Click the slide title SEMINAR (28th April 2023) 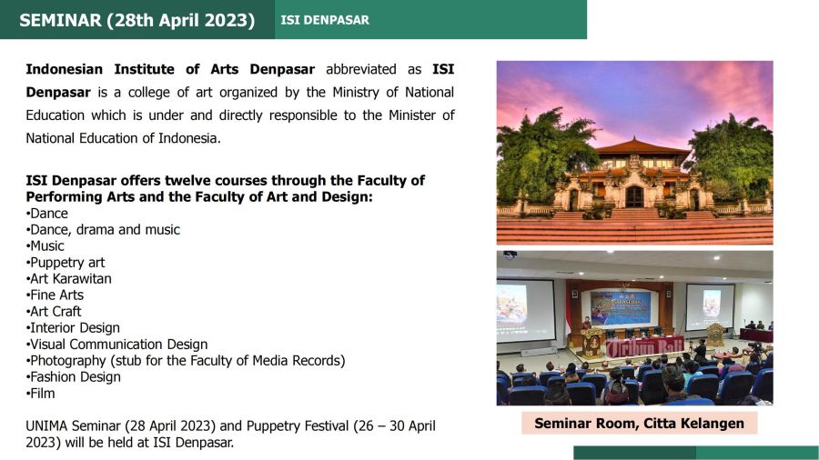(x=136, y=20)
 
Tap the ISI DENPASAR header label (x=325, y=20)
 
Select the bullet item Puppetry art (x=66, y=263)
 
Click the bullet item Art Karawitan (x=68, y=278)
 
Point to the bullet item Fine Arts (x=55, y=295)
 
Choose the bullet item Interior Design (x=73, y=327)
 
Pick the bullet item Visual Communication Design (x=116, y=345)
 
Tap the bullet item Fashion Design (x=73, y=376)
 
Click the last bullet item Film (x=40, y=394)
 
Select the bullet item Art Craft (x=54, y=311)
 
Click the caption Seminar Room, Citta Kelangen (x=640, y=423)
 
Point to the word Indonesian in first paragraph (x=64, y=69)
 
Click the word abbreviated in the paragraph (x=361, y=69)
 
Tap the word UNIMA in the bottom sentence (x=46, y=426)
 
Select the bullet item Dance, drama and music (x=103, y=229)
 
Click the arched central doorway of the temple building (x=634, y=196)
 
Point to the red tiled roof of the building (x=642, y=146)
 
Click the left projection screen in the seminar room (x=525, y=310)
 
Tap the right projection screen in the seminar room (x=710, y=306)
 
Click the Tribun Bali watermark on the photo (x=644, y=347)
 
